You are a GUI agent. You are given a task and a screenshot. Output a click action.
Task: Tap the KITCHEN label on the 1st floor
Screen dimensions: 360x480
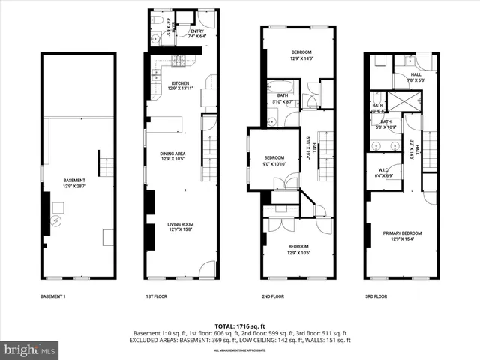point(179,82)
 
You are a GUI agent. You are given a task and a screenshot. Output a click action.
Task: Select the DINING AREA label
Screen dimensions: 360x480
point(172,154)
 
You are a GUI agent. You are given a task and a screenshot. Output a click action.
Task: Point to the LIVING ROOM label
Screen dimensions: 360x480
point(172,224)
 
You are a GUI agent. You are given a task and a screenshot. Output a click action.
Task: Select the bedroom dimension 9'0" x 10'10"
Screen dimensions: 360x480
point(274,163)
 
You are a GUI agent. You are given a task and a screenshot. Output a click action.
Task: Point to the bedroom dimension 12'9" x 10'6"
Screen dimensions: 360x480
point(298,252)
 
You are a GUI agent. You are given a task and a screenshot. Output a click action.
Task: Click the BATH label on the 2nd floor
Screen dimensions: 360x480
point(283,95)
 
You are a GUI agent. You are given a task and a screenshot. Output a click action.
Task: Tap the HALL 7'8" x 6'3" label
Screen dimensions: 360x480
point(416,79)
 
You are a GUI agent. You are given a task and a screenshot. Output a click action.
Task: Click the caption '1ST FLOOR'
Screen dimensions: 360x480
point(157,296)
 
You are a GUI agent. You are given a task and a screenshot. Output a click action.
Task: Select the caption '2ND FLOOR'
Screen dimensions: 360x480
point(272,296)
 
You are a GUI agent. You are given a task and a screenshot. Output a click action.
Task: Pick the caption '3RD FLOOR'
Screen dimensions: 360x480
point(376,296)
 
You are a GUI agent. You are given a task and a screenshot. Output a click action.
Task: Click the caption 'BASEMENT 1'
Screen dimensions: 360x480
point(53,296)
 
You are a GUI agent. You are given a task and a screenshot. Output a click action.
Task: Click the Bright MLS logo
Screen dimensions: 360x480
point(30,349)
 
